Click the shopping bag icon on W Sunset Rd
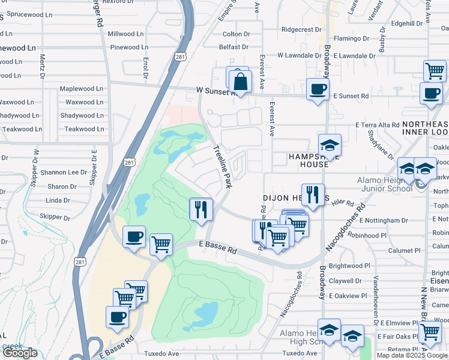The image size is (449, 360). coord(240,82)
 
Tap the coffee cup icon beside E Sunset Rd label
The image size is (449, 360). coord(317,89)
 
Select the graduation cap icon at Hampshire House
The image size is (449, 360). coord(329,145)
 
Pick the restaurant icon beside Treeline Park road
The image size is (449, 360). coord(200,209)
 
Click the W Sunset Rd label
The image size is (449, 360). coord(211,91)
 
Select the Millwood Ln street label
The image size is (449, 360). coord(130,34)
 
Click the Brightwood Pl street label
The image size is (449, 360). coord(349,266)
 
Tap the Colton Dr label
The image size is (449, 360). coord(236,34)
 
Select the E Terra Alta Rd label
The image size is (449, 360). coord(377,125)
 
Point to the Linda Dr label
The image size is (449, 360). coord(58,200)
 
